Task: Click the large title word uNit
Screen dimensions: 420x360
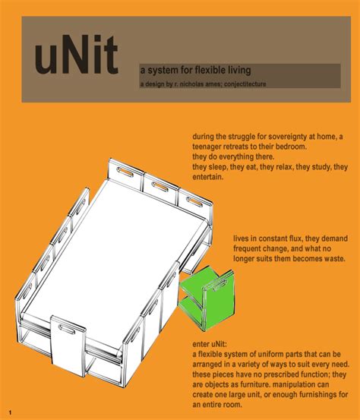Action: (76, 59)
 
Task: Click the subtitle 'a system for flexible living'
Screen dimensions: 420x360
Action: (194, 70)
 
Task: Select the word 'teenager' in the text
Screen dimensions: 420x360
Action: (210, 146)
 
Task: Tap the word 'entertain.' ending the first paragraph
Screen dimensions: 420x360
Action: (207, 177)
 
